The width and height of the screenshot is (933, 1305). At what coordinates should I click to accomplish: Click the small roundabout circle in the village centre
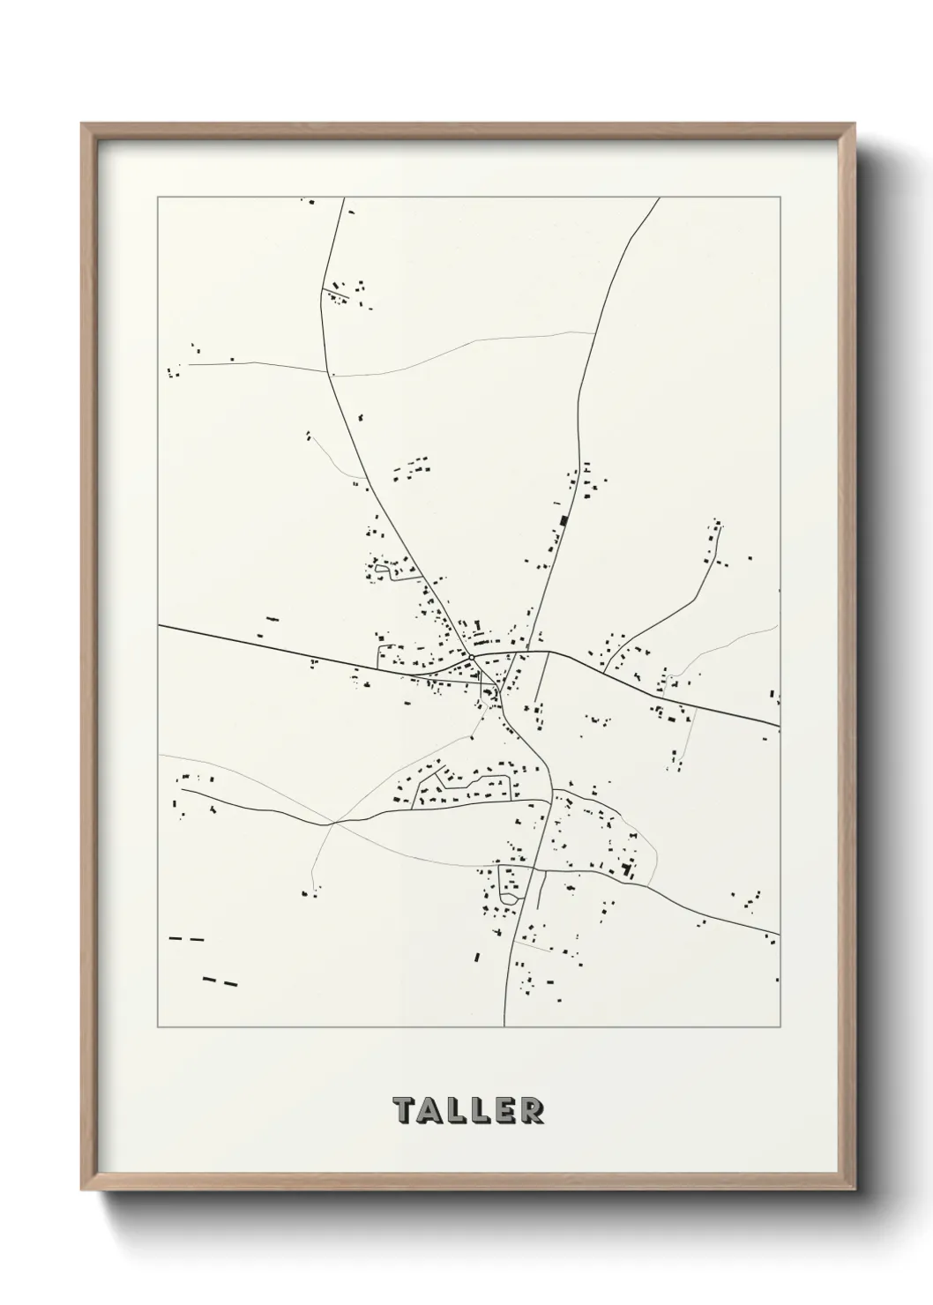473,658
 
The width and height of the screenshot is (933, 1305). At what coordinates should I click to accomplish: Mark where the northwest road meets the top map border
342,198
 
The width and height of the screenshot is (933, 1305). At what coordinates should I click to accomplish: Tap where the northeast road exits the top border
659,198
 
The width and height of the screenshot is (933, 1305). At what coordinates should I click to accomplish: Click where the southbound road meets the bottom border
504,1026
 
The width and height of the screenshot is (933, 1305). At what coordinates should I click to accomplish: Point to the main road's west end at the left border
159,626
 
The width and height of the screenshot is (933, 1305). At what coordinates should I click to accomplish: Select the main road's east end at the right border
779,726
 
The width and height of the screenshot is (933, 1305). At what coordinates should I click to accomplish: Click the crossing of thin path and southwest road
332,824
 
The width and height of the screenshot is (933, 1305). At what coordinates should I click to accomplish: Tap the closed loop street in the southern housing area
510,883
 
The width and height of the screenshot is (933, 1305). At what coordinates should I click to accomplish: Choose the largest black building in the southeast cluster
627,869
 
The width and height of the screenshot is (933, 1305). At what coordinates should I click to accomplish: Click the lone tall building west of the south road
477,956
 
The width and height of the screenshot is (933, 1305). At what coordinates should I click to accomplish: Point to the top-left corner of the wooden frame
82,124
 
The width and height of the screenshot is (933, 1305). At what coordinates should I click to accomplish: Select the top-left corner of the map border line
158,198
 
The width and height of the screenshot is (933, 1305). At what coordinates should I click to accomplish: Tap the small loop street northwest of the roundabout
384,570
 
